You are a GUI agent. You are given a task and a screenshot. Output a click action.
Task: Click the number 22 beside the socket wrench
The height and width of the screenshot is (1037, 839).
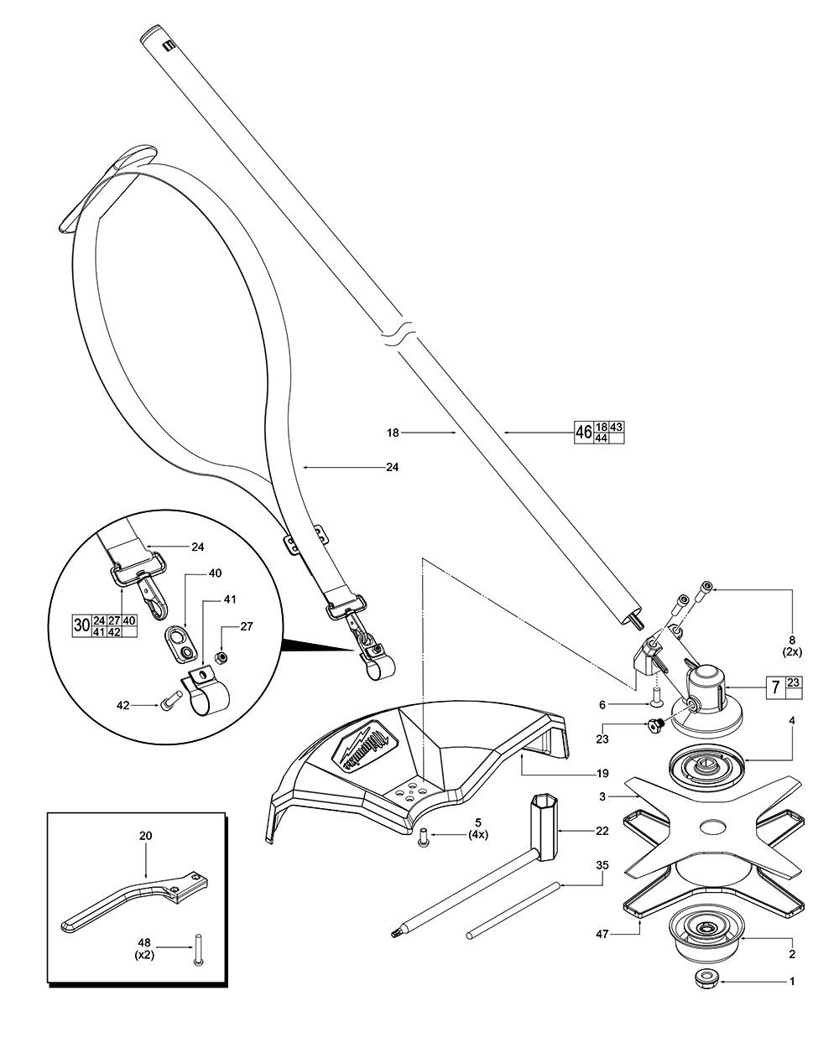coord(602,831)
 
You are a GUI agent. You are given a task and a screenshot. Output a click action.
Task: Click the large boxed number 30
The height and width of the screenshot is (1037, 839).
coord(82,625)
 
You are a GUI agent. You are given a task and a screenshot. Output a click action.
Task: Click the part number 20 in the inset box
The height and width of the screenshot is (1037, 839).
coord(147,836)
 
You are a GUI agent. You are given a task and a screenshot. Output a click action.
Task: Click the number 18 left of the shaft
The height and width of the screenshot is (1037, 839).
coord(393,433)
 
